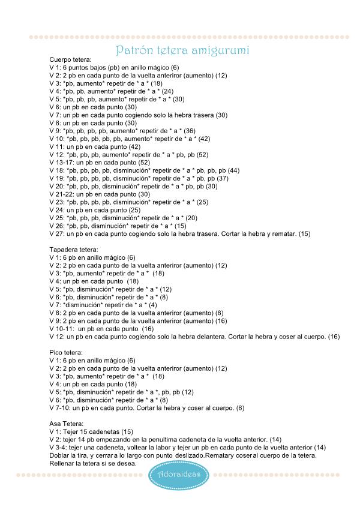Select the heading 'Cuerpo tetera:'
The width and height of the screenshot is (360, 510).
(70, 61)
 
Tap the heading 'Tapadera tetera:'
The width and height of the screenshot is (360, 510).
(73, 249)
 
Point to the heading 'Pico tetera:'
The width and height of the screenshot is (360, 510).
(67, 353)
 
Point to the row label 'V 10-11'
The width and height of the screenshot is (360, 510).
(62, 329)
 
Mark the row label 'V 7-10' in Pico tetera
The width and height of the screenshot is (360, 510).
(60, 408)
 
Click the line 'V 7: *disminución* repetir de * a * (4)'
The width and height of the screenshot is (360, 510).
(103, 305)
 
